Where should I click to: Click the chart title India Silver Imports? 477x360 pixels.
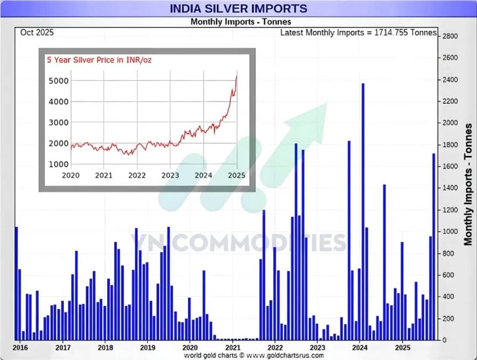click(238, 8)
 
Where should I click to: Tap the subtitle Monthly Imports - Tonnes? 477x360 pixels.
click(241, 22)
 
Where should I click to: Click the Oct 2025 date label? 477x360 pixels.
click(37, 33)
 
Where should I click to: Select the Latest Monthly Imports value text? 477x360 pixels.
click(358, 33)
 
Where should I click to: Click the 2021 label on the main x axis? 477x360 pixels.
click(232, 347)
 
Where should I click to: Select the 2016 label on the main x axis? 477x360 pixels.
click(18, 347)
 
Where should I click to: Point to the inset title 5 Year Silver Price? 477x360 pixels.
click(99, 60)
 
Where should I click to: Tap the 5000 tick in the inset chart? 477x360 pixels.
click(57, 81)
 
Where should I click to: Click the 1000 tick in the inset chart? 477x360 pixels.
click(57, 164)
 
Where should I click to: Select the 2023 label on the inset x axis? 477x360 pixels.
click(170, 175)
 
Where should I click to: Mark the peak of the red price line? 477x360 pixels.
click(236, 76)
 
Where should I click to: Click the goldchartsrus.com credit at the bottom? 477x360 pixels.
click(254, 355)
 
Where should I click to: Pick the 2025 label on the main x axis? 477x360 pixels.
click(402, 347)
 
